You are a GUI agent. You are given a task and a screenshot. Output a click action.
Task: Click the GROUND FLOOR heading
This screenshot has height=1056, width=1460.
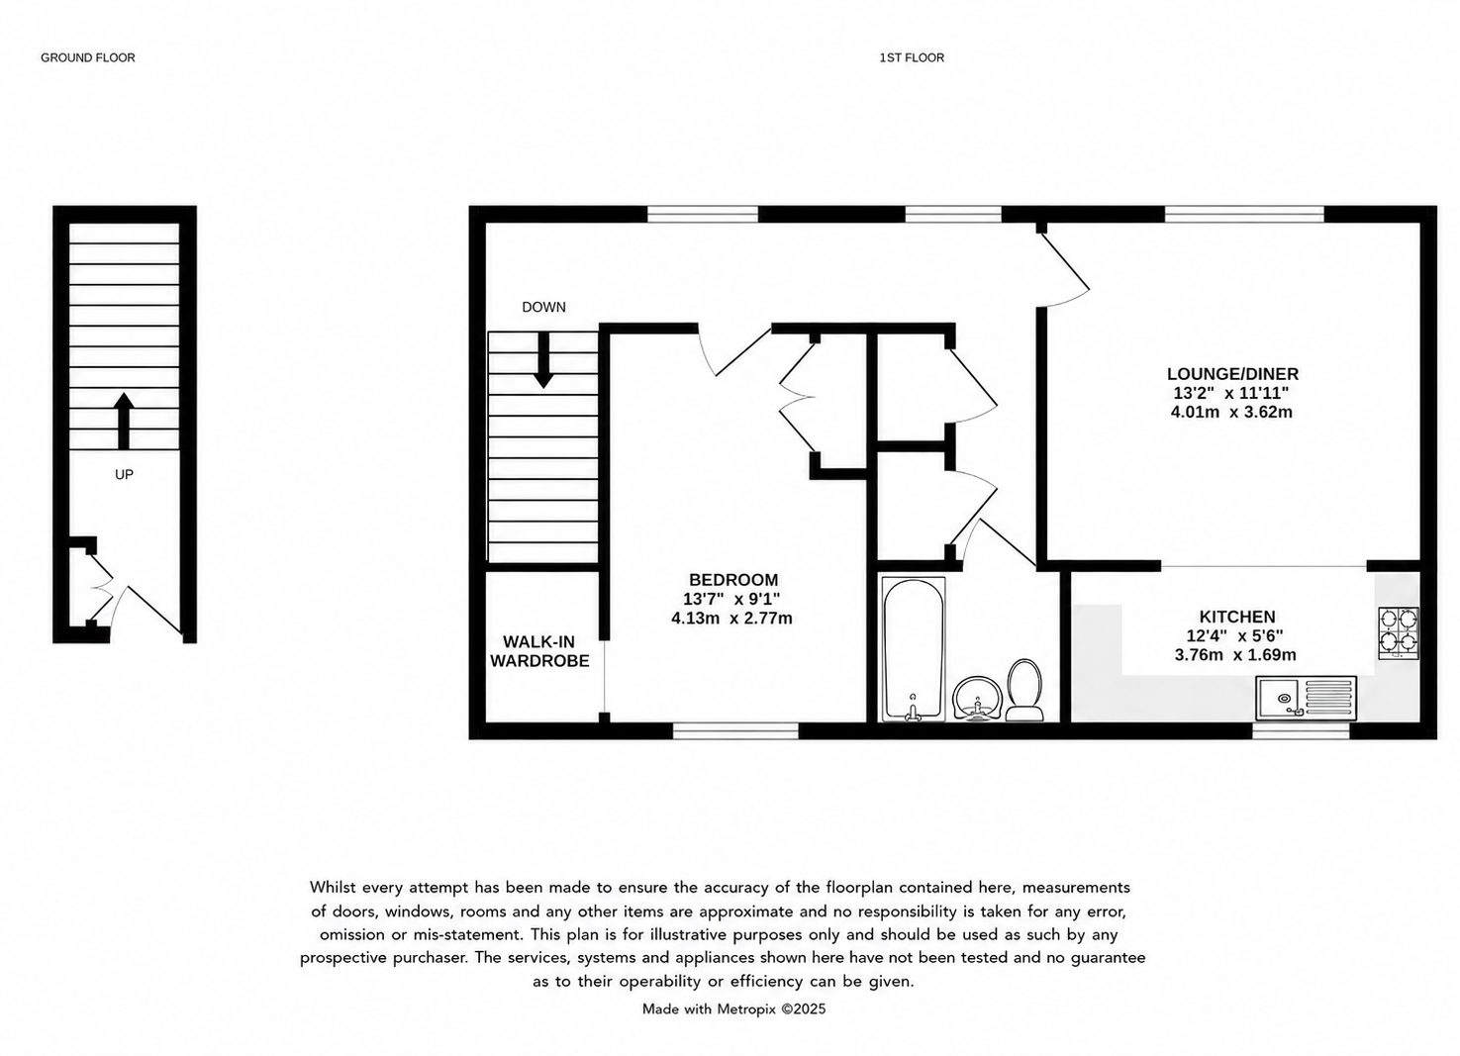[x=88, y=58]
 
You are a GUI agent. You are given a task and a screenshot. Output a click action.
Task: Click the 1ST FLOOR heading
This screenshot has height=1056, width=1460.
[x=912, y=58]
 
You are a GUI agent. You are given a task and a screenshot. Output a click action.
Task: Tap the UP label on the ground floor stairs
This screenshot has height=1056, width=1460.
[x=124, y=474]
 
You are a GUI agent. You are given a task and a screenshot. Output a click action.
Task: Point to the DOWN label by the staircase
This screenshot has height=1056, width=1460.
[x=543, y=307]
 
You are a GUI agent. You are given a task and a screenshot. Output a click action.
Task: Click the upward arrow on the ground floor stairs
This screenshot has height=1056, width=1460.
[x=124, y=421]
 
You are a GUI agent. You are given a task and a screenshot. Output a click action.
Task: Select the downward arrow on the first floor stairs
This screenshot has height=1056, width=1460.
[x=543, y=360]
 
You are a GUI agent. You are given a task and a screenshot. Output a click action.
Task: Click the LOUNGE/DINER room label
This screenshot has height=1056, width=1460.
[x=1232, y=374]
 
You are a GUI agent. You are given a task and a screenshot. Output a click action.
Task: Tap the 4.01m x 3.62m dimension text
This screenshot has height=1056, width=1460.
[x=1231, y=413]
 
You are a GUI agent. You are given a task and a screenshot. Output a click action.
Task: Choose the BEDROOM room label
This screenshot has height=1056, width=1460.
[x=733, y=580]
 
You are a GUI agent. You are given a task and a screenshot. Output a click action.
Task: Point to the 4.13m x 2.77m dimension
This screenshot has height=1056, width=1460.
[x=731, y=619]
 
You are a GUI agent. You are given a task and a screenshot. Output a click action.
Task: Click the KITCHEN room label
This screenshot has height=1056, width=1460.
[x=1237, y=617]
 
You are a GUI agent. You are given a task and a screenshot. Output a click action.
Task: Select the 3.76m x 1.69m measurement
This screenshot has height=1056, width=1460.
[x=1235, y=655]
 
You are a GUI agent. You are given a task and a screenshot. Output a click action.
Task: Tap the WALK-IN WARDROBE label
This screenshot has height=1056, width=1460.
[x=539, y=652]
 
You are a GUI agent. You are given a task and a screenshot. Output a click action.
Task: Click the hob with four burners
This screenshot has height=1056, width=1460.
[x=1398, y=633]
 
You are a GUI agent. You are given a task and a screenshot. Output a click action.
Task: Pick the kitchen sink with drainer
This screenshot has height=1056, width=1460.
[x=1307, y=698]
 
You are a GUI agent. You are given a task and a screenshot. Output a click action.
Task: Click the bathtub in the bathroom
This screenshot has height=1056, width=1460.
[x=913, y=649]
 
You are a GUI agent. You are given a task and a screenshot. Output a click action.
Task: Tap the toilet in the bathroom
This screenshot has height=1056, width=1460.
[x=1023, y=691]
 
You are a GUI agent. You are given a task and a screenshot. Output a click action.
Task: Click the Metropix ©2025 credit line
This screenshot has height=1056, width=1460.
[x=733, y=1009]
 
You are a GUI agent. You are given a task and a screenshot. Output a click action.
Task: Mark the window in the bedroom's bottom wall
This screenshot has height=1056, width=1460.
[x=735, y=731]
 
